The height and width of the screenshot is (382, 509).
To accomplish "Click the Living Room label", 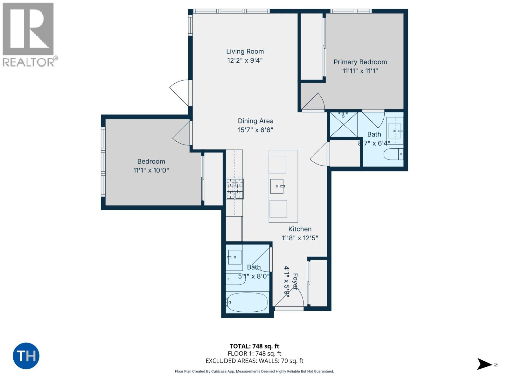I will [x=245, y=51].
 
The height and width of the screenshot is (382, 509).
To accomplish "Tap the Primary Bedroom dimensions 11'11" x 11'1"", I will [x=360, y=71].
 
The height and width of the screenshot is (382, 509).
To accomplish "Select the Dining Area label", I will [x=255, y=121].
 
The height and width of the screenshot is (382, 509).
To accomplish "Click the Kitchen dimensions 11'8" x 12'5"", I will [x=300, y=238].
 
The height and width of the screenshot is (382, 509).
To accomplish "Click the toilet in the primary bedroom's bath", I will [x=393, y=154].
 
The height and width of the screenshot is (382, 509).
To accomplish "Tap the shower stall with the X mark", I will [x=344, y=124].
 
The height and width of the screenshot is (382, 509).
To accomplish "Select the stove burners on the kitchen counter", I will [x=235, y=189].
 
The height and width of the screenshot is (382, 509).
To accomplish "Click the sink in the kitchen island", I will [x=277, y=186].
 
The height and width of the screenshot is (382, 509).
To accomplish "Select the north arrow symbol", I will [x=485, y=364].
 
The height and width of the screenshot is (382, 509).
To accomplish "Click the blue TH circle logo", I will [x=26, y=356].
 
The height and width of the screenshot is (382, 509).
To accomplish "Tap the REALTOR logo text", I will [x=29, y=62].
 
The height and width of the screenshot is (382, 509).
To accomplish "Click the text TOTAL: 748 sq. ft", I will [x=254, y=346].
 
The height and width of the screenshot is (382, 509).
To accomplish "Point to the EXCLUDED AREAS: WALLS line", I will [x=254, y=361].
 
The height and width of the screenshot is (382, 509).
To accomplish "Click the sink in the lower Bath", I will [x=235, y=257].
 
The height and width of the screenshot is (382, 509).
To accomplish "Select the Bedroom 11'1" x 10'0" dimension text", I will [x=151, y=170].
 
